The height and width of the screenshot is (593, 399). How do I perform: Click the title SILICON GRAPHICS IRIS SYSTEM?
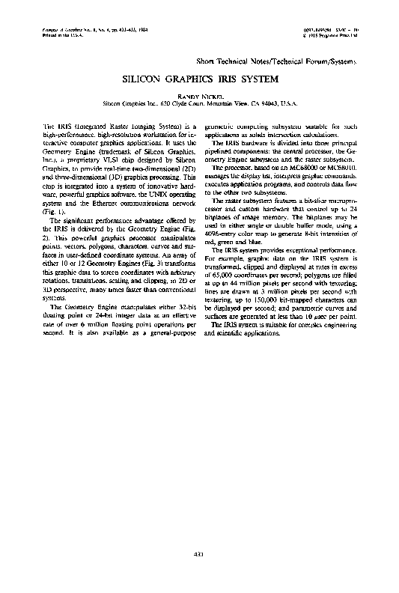pos(199,78)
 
